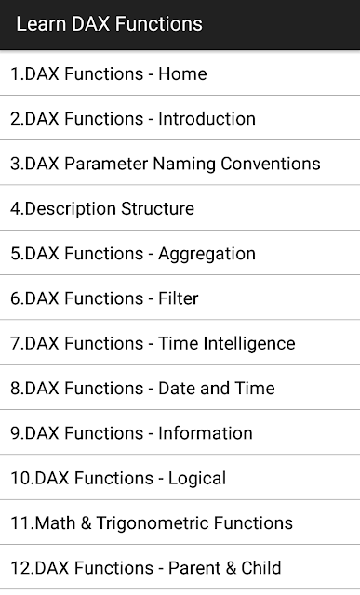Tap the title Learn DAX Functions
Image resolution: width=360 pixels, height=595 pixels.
pos(110,24)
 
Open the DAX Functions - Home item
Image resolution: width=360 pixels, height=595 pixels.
pos(109,73)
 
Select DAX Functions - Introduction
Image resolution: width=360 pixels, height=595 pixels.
pos(133,118)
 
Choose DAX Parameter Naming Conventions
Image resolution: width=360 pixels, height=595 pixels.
pos(166,164)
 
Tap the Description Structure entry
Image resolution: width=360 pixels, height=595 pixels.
pos(102,209)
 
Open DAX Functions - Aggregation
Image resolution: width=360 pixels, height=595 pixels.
pos(133,254)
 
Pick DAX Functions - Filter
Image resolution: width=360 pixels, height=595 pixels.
pos(104,298)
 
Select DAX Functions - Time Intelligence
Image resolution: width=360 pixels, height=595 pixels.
pos(153,343)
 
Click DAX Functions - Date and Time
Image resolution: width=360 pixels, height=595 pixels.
pos(142,389)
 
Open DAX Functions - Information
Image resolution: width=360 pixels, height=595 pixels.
pos(131,433)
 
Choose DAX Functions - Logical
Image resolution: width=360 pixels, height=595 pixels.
pos(118,478)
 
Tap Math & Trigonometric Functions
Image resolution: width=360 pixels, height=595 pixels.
pos(152,522)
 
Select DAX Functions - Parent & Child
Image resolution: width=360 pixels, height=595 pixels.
pos(146,568)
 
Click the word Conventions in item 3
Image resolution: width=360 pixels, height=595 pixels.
pos(271,164)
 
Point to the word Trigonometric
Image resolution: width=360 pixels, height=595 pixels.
pos(153,523)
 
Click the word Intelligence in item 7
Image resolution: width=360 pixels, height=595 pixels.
pos(249,343)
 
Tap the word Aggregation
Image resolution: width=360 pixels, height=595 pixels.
pos(207,255)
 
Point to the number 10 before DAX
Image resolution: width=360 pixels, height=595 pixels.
pos(20,478)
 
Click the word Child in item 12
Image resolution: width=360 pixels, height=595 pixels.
pos(261,568)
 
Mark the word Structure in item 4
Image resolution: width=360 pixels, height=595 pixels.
pos(157,208)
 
